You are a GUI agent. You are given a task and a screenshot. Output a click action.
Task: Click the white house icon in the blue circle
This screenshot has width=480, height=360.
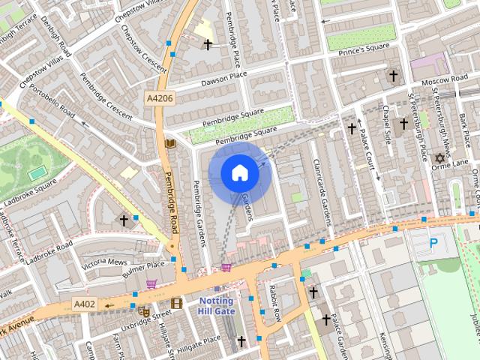239,173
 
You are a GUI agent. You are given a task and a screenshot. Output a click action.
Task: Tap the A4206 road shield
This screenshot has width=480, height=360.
158,97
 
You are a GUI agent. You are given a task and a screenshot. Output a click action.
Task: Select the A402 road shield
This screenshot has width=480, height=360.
85,304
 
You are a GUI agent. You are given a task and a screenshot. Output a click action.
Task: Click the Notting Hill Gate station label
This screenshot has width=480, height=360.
216,306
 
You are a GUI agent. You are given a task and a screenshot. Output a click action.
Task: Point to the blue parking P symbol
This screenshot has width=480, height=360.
433,243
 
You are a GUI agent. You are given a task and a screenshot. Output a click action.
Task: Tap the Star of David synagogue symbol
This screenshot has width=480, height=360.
440,157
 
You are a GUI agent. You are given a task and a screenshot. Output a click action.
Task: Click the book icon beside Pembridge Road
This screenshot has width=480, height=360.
169,143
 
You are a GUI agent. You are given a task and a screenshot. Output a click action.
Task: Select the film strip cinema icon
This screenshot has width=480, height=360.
176,303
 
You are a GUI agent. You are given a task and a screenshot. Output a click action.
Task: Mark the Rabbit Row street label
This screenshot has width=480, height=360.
276,302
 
